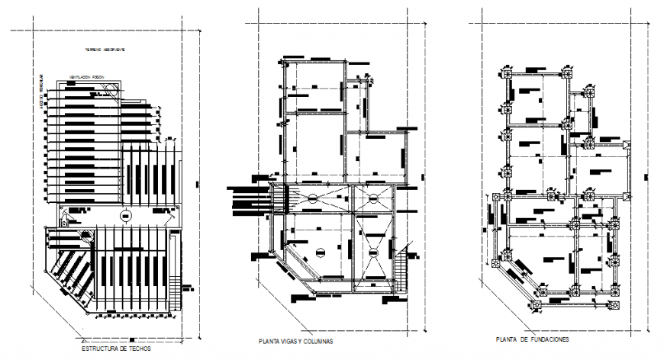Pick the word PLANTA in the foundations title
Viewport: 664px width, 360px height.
507,339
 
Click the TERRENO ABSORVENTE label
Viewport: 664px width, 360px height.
105,50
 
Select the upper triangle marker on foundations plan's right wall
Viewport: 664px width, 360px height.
625,145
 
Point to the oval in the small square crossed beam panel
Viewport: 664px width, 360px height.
373,198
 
